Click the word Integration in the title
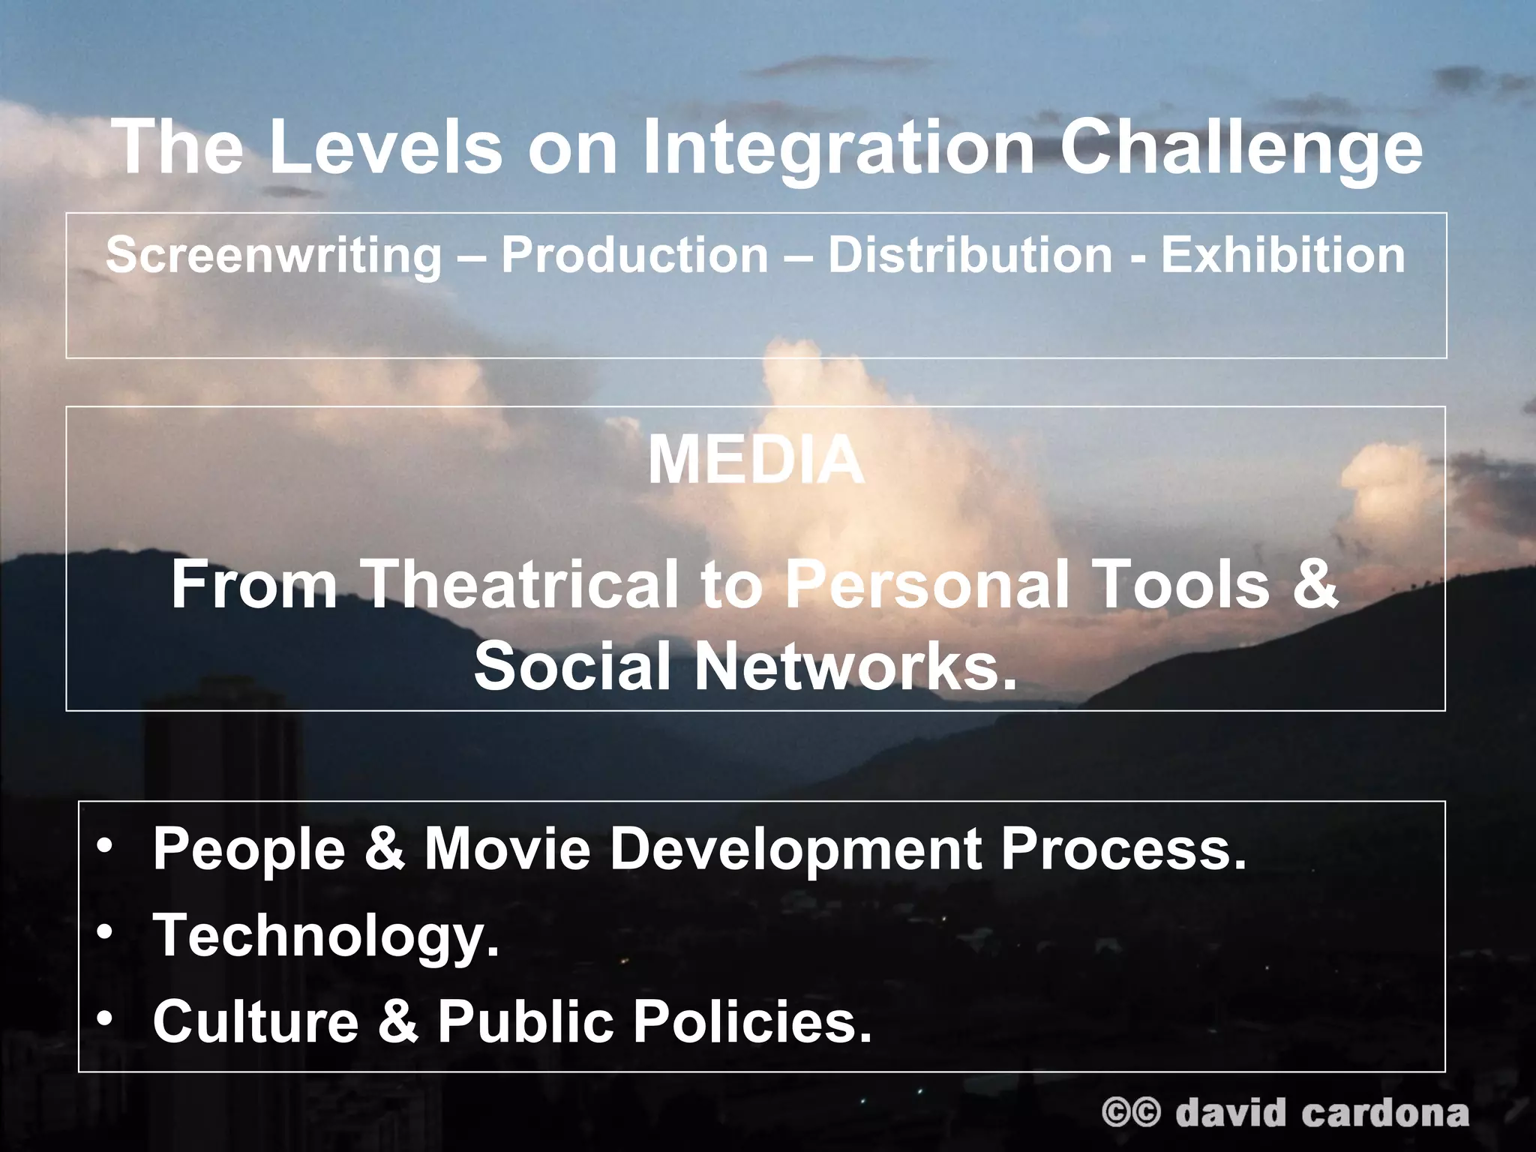pos(838,148)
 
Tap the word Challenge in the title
pos(1240,148)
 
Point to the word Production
pos(635,255)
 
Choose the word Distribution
pos(970,255)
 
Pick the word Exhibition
pos(1283,255)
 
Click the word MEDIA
pos(756,460)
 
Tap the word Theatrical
pos(523,585)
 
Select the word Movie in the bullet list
pos(508,849)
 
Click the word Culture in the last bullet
pos(256,1021)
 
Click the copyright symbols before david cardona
pos(1131,1112)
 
